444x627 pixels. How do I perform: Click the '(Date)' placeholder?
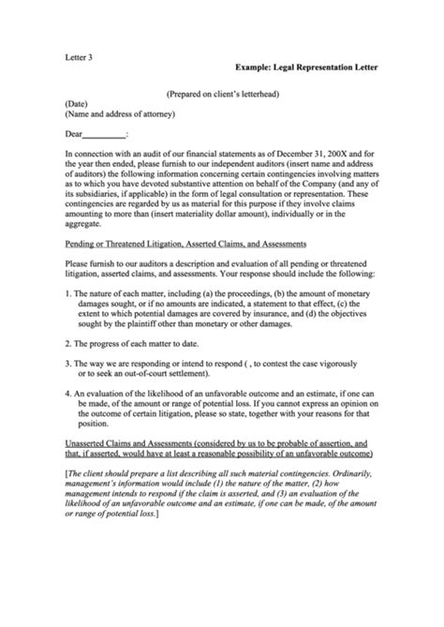77,106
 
